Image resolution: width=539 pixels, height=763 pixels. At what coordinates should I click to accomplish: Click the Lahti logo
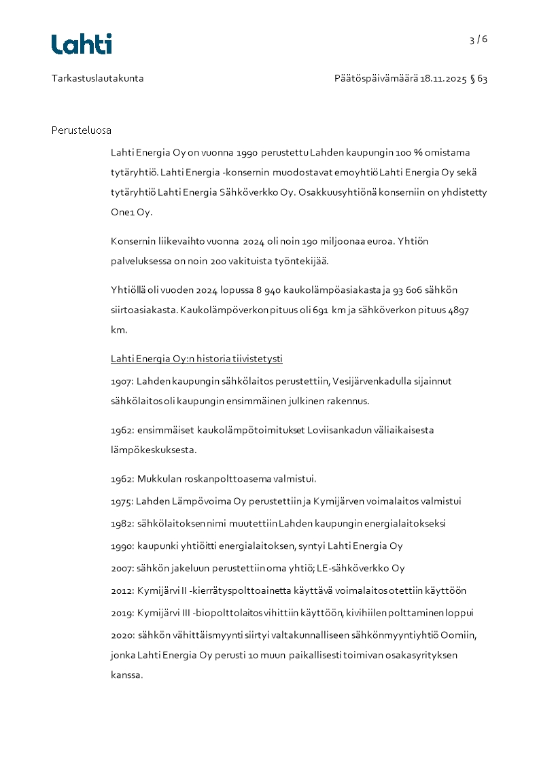82,44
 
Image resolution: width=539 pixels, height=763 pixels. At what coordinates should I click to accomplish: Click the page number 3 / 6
479,39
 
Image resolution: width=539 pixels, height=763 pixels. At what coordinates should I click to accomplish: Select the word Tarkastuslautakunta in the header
97,79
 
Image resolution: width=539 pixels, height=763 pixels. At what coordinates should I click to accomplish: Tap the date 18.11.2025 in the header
443,79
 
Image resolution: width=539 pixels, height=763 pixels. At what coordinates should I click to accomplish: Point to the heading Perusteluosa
81,130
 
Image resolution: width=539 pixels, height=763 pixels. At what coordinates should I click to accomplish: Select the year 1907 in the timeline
121,382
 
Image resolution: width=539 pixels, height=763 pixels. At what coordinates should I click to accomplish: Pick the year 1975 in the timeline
121,502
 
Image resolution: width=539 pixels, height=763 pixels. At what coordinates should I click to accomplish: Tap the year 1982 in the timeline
121,525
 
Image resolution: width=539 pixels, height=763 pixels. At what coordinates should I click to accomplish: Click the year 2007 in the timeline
122,569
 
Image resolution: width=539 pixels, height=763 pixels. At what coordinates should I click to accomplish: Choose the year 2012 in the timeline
122,591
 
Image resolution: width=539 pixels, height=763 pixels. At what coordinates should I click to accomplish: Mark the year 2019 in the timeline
122,613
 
